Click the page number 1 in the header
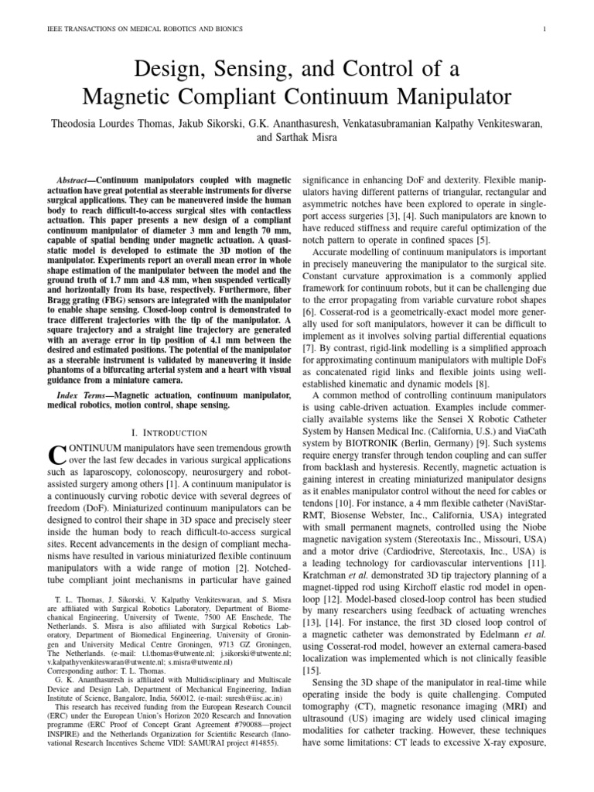tap(546, 29)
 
